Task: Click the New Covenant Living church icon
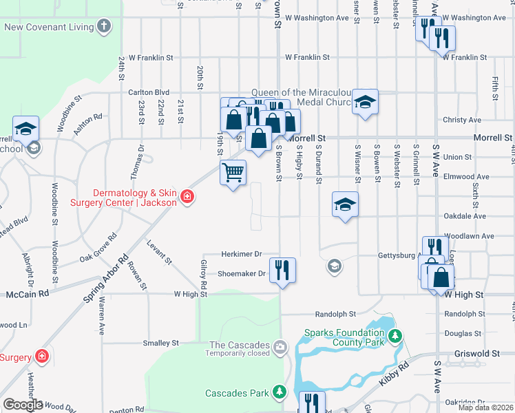coord(103,28)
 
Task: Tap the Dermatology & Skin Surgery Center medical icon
coord(187,198)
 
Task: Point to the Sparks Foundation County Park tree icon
coord(395,336)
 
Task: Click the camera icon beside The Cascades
coord(279,346)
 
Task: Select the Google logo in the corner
coord(23,405)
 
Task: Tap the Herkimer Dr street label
coord(242,254)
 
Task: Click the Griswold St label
coord(476,354)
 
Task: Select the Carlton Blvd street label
coord(149,92)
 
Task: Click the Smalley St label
coord(160,342)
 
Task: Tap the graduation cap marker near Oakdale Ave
coord(345,204)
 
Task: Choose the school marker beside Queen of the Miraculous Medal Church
coord(365,103)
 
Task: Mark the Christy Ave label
coord(463,120)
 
